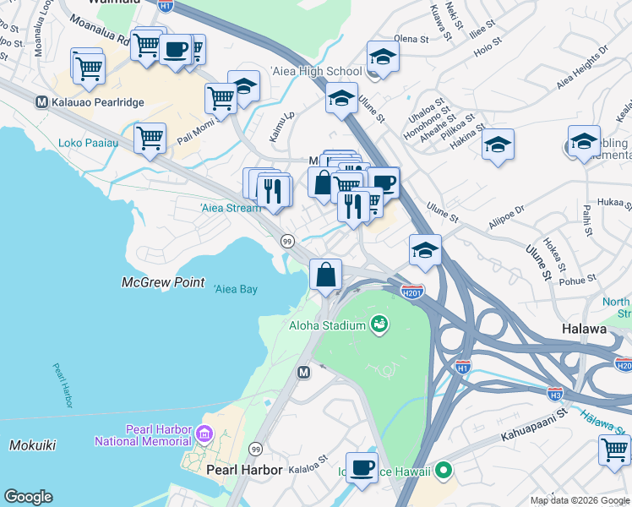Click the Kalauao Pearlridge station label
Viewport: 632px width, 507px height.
tap(96, 102)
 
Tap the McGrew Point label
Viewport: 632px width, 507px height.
tap(163, 282)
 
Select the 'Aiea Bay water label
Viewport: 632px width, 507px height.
tap(236, 289)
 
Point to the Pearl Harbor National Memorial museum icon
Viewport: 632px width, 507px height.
tap(204, 435)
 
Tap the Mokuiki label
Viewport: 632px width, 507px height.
tap(33, 444)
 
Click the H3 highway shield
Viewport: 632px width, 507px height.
tap(555, 394)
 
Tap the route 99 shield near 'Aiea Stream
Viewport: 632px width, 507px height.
tap(287, 243)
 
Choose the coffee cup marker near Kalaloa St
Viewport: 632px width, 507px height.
tap(362, 467)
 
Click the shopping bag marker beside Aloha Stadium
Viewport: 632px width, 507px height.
tap(326, 274)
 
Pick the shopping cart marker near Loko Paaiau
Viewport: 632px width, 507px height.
tap(150, 138)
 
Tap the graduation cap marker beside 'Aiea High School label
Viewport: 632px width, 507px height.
tap(384, 57)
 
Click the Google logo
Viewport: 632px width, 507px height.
tap(28, 497)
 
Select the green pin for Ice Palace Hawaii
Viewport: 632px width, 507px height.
tap(442, 471)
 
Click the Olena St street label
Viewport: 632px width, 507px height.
tap(412, 39)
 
